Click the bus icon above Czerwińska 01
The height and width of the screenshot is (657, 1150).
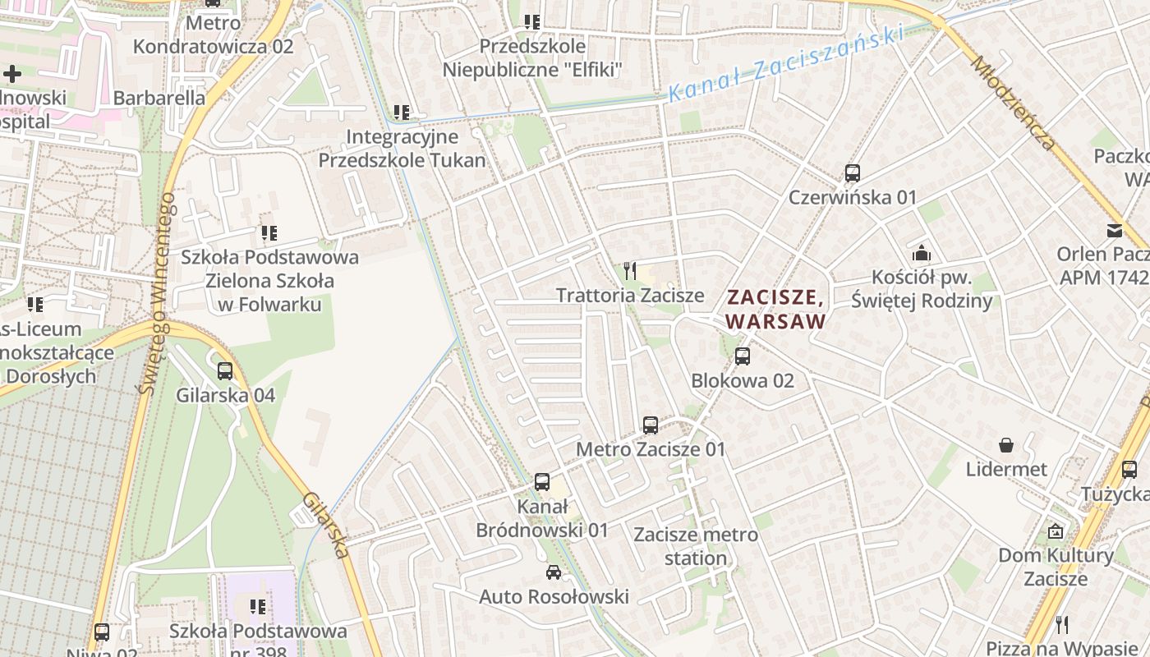(853, 173)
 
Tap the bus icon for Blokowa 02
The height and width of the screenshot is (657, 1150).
(743, 356)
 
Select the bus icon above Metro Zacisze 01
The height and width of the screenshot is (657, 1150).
(651, 425)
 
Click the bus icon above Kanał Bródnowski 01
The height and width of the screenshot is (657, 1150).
(542, 482)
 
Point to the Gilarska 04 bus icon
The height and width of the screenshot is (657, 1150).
(225, 371)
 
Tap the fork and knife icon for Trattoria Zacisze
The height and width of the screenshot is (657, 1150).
(630, 270)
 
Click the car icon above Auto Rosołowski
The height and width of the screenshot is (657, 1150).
(554, 572)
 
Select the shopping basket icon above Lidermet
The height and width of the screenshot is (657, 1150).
(1006, 445)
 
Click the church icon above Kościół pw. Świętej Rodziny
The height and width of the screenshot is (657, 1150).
(922, 252)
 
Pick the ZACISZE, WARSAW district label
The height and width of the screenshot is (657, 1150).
(775, 308)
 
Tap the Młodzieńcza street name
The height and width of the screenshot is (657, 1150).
(1013, 103)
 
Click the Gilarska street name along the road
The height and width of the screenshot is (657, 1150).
(327, 525)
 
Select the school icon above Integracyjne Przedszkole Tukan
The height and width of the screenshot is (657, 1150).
(402, 112)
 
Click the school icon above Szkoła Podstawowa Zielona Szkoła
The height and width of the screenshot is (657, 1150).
(269, 233)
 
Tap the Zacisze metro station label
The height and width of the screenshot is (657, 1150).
(696, 546)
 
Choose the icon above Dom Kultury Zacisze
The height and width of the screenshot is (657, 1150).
(1056, 531)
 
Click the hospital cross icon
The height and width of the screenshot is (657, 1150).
(11, 74)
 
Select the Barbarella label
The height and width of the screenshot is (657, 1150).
(159, 98)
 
